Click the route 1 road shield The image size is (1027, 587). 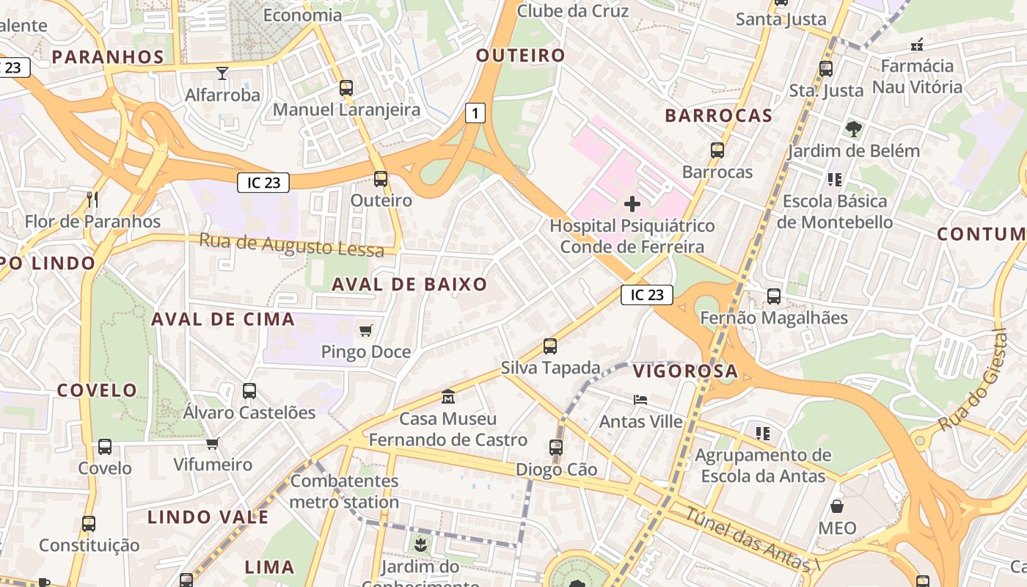(476, 113)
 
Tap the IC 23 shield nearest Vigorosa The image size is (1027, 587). (646, 295)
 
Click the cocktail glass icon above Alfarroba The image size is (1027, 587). (222, 73)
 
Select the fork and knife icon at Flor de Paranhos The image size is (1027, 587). (92, 200)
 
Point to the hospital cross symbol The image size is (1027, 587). (632, 203)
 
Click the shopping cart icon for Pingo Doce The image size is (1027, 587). (366, 330)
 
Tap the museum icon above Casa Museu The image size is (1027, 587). (448, 397)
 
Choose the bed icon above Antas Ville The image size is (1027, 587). (640, 400)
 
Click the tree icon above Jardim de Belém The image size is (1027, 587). (853, 129)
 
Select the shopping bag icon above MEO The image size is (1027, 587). (837, 506)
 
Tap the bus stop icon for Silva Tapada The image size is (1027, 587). (550, 346)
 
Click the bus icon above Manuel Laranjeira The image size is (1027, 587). (346, 88)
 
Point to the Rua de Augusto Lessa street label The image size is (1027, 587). (291, 245)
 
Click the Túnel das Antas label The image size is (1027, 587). (752, 539)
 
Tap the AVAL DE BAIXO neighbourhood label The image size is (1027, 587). (409, 285)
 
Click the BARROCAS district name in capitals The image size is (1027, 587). (718, 115)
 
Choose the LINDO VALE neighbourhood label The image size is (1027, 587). (208, 517)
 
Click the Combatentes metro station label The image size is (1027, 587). (345, 492)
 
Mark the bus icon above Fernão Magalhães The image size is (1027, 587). (774, 296)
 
